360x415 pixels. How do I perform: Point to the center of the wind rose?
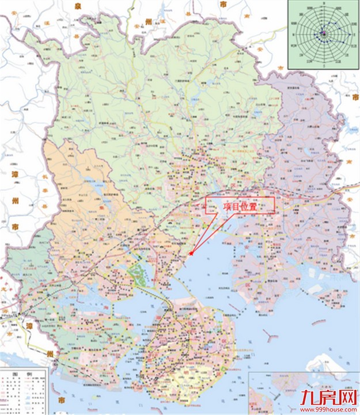click(324, 35)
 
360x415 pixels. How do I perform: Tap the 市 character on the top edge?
click(223, 4)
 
